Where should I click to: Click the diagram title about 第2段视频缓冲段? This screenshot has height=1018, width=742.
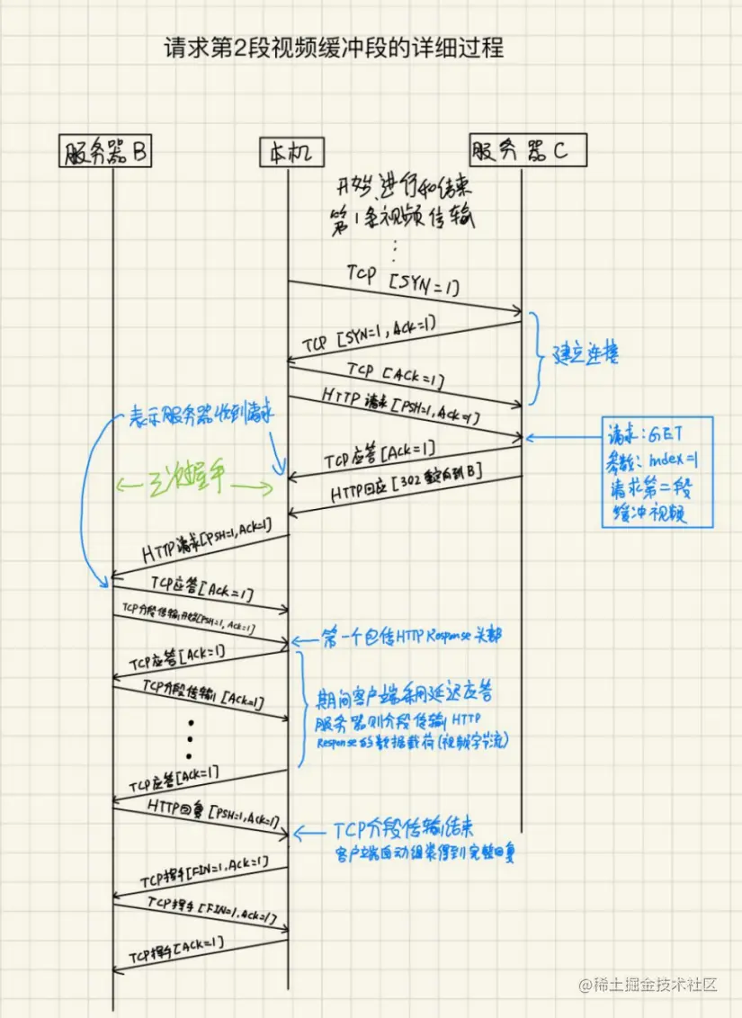pos(333,47)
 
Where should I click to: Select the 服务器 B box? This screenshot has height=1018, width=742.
pos(106,152)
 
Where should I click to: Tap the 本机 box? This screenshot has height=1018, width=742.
pos(289,152)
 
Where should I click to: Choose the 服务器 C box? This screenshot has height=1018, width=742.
pos(527,149)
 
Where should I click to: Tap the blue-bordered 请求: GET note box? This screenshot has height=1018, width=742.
pos(656,472)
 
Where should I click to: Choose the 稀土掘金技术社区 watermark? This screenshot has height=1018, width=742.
pos(648,984)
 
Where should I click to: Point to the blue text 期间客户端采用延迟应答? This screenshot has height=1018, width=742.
pos(405,695)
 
